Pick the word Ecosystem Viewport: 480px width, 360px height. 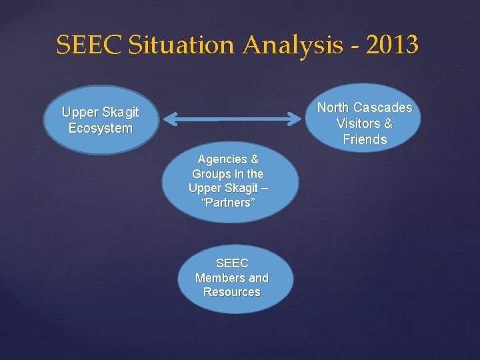[100, 128]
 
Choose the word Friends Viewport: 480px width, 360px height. [365, 139]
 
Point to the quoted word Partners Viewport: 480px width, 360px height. [228, 203]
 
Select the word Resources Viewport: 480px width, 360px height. [231, 292]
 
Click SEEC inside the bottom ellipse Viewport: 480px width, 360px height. [231, 263]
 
